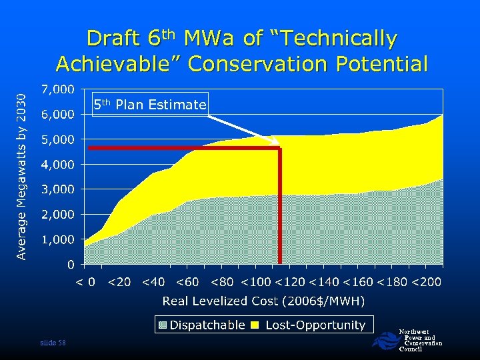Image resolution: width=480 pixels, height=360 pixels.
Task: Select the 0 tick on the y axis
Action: pos(70,265)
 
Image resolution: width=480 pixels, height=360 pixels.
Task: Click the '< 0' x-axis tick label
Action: pos(84,282)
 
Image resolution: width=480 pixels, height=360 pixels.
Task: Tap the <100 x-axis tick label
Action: pos(257,282)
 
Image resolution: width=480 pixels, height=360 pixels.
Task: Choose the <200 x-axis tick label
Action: pos(426,282)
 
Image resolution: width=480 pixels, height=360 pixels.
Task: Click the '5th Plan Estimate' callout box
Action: pos(150,104)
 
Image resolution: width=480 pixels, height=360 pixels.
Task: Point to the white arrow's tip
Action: pos(279,143)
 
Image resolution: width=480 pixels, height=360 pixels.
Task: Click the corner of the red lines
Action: pos(279,148)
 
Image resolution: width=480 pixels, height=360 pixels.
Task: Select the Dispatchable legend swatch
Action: pos(163,325)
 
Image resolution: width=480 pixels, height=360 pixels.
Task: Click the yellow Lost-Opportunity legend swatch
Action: pos(254,325)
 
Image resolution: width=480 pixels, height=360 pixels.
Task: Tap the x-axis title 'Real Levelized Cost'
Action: pos(263,301)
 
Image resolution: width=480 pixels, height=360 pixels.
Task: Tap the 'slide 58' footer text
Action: pos(53,343)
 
